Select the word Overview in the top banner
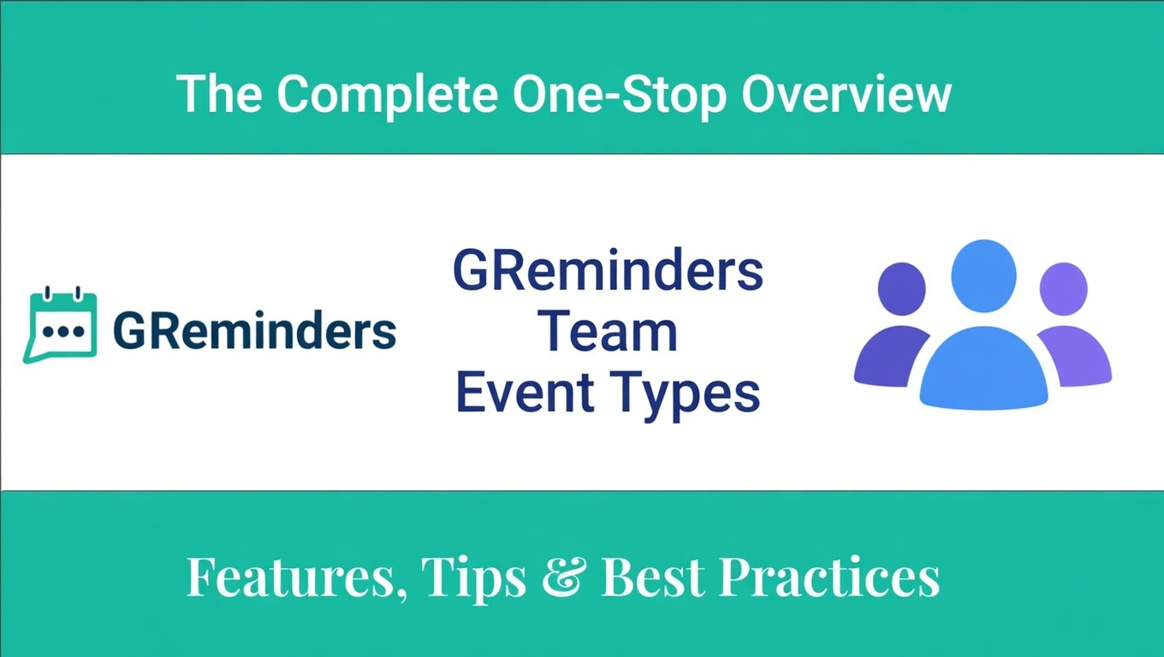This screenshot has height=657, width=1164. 846,93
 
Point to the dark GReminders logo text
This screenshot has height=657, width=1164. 254,331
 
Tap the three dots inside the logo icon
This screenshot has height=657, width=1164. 60,330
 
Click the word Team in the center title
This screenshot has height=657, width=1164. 607,332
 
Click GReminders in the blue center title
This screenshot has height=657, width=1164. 607,272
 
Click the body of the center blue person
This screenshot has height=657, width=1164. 983,368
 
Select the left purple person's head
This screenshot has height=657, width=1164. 901,288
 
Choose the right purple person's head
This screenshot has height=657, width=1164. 1063,288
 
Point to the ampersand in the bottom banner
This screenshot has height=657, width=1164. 564,577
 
